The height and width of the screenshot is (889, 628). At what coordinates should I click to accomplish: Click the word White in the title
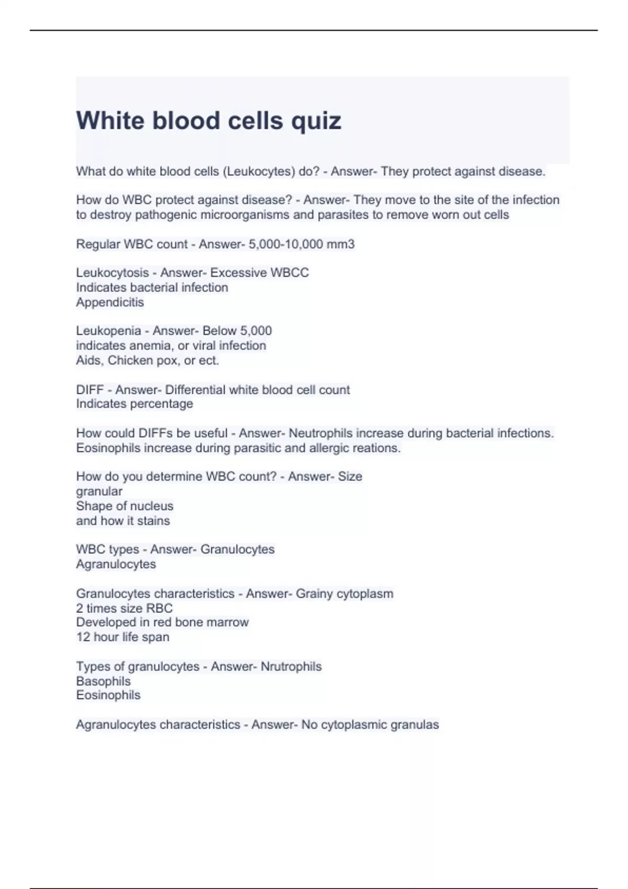110,120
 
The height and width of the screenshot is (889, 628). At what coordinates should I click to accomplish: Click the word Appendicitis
110,302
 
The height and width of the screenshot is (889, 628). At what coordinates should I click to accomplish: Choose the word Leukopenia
109,331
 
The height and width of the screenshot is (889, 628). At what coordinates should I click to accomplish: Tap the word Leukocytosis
113,273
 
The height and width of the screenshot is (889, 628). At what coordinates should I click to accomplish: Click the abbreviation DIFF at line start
90,390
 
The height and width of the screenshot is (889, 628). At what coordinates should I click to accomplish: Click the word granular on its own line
99,492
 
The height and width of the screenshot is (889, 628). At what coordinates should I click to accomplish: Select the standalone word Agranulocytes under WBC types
116,564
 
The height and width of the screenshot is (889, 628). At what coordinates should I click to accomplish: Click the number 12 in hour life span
83,637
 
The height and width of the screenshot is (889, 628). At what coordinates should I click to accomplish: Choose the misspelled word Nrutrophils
291,667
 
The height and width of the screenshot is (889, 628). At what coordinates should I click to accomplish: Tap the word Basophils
104,681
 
